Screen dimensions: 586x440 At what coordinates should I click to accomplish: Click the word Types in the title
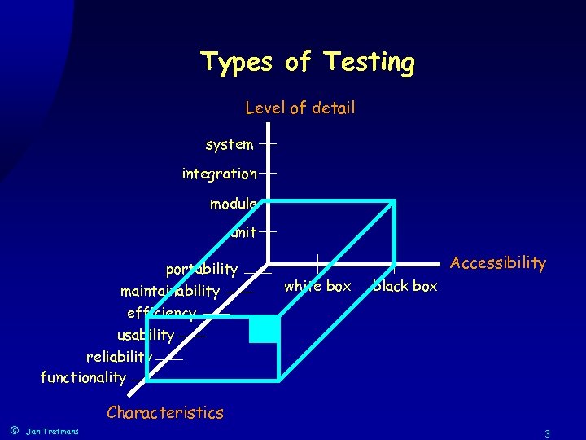pos(236,62)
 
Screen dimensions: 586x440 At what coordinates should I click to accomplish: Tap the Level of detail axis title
pos(300,108)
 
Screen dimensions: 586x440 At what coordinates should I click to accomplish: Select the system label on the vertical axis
pos(230,144)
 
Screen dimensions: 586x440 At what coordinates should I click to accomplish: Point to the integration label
pos(219,174)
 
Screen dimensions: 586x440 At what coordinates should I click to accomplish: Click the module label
pos(233,204)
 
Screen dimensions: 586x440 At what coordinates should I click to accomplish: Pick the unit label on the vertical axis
pos(243,233)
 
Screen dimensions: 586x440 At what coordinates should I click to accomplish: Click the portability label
pos(202,269)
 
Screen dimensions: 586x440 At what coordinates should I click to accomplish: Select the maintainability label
pos(170,291)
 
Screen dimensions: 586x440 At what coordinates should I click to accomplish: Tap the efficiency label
pos(161,313)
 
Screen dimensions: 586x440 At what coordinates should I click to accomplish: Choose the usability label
pos(146,335)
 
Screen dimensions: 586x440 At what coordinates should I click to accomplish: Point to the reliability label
pos(119,356)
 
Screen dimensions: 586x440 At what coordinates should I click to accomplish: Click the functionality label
pos(83,377)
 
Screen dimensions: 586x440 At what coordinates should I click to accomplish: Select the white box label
pos(317,286)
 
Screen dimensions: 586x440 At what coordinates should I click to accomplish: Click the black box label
pos(405,286)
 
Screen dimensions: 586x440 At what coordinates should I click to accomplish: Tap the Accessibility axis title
pos(497,262)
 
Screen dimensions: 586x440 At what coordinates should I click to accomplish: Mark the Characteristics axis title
pos(164,412)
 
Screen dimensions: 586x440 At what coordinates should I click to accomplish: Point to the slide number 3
pos(548,433)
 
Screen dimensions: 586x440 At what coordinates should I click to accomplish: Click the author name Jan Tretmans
pos(52,431)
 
